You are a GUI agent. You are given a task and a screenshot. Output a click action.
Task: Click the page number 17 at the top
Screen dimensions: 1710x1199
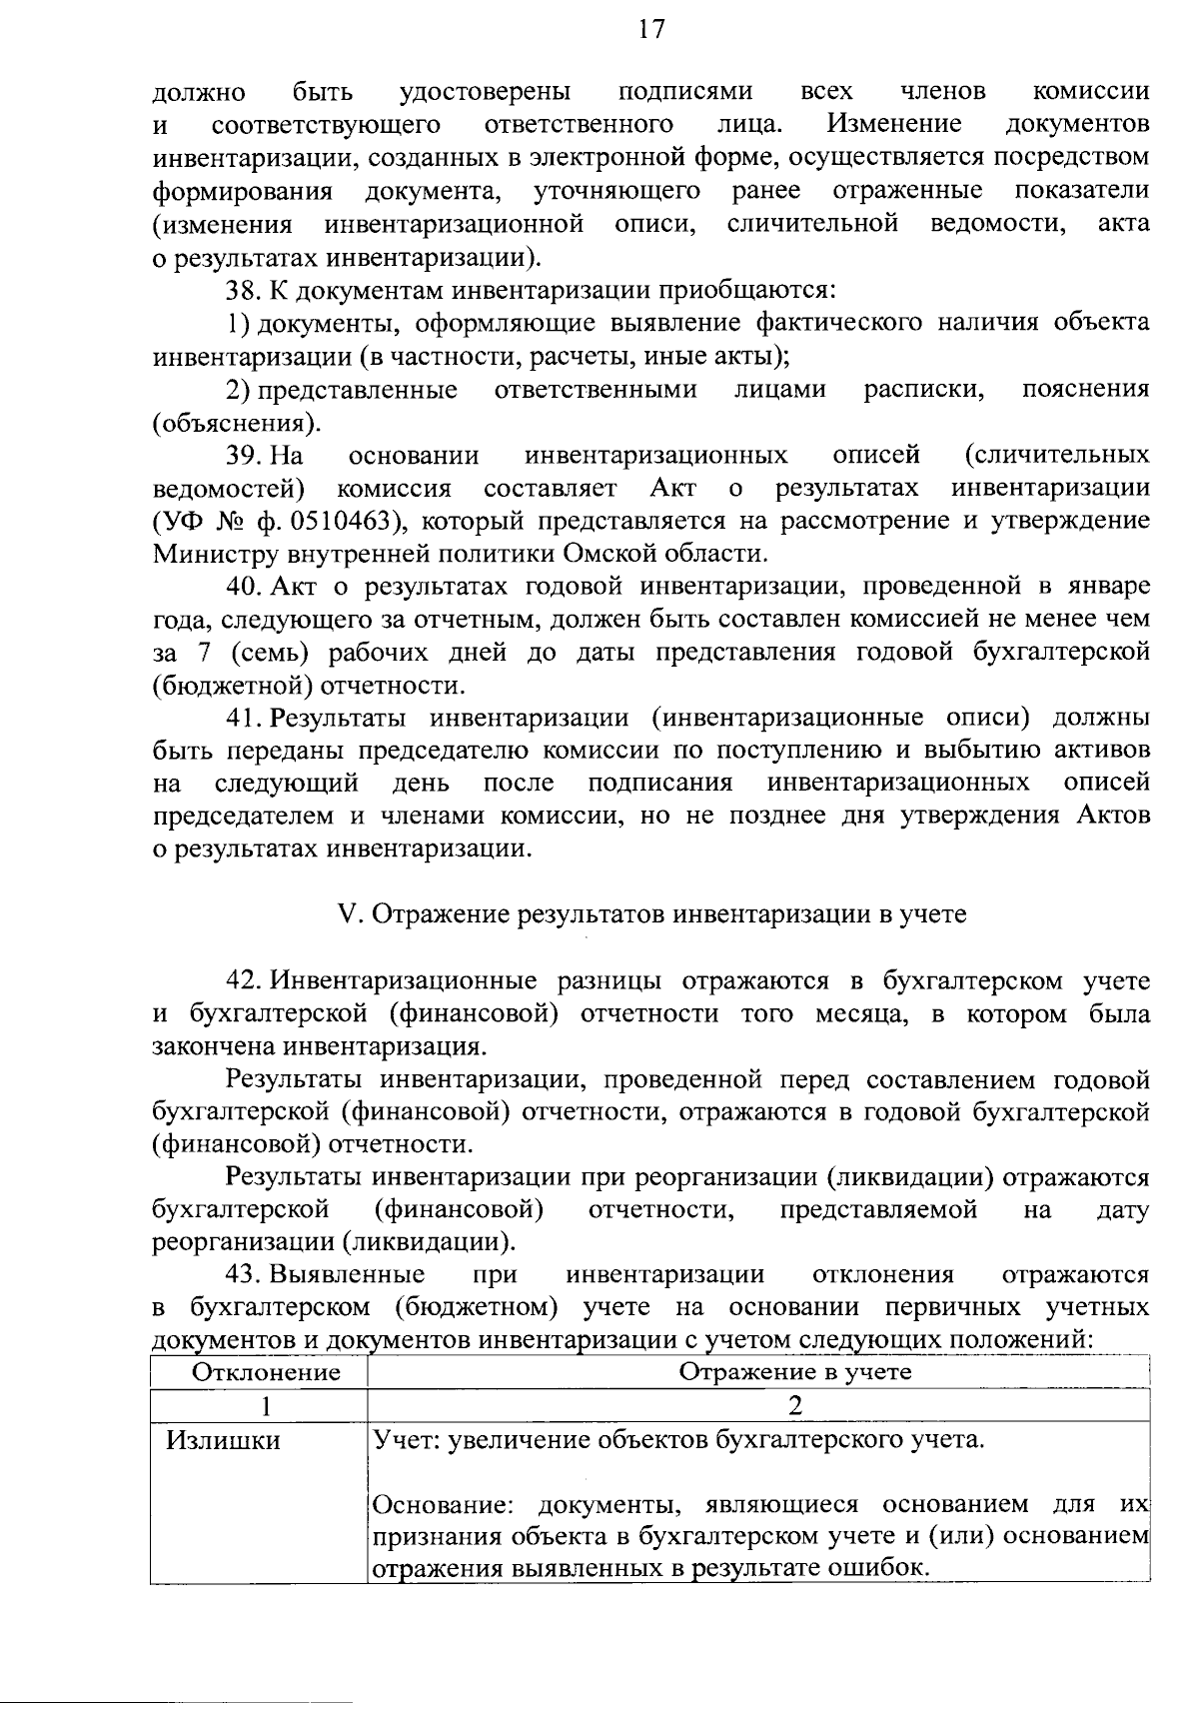650,30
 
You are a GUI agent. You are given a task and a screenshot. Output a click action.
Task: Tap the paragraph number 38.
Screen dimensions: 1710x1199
244,290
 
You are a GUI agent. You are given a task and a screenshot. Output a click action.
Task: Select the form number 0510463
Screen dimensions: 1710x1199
341,521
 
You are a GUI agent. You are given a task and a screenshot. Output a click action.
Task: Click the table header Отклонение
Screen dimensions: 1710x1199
266,1372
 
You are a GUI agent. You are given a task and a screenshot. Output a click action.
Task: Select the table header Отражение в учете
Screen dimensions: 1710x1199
795,1371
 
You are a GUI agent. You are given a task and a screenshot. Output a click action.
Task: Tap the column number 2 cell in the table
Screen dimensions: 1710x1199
795,1405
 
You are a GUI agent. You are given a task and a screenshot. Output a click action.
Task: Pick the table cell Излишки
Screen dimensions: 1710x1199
223,1440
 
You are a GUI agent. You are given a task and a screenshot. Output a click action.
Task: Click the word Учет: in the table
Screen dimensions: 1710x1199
406,1440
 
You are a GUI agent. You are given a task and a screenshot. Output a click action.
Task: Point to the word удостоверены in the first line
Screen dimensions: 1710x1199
485,92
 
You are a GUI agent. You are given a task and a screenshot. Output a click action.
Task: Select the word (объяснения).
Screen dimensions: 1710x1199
237,422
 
